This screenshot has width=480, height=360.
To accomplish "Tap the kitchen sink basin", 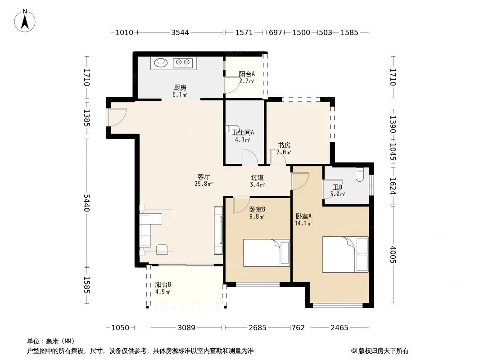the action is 161,63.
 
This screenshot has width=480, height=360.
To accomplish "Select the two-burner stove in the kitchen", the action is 183,63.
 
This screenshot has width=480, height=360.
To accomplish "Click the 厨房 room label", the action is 180,88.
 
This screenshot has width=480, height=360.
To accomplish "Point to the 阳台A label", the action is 247,74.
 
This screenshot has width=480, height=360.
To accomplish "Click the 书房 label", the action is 284,145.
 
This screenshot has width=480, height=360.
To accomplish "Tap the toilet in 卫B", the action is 360,175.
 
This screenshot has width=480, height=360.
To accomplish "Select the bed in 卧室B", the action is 266,253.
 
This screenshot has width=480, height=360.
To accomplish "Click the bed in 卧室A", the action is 345,255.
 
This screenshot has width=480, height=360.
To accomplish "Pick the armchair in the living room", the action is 162,250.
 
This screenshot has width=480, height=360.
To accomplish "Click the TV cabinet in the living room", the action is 218,230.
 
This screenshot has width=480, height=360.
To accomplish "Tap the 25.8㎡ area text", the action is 204,184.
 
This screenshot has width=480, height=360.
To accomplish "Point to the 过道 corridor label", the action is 257,177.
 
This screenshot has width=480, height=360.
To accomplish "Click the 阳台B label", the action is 163,284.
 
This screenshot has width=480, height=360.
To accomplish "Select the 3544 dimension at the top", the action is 180,32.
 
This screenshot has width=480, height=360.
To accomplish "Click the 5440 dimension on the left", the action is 87,203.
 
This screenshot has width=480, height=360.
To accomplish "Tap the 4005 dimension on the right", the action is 394,255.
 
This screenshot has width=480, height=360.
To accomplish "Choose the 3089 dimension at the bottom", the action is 186,328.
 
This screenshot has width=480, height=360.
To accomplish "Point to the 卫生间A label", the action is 243,132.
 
